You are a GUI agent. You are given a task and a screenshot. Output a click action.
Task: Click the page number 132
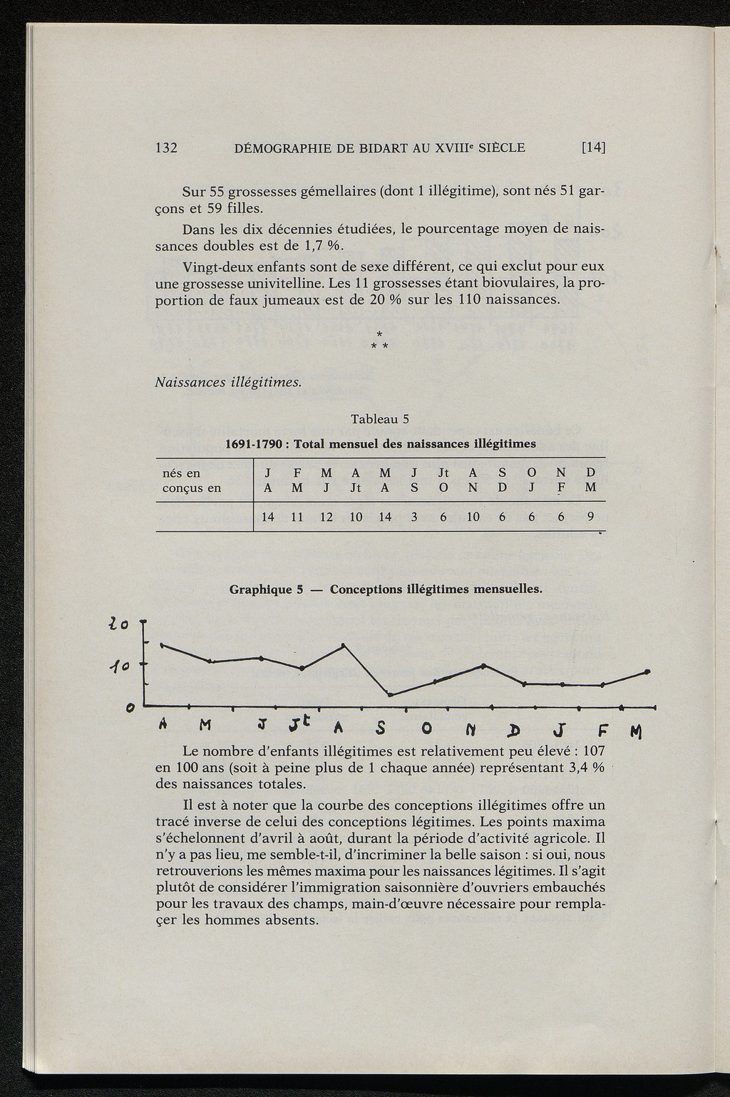point(166,148)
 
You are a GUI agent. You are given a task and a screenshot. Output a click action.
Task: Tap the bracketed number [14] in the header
point(593,148)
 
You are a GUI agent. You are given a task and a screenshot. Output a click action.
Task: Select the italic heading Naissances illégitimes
point(229,382)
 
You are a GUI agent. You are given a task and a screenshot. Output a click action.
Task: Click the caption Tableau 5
point(379,419)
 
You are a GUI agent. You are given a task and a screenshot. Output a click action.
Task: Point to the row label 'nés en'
point(182,473)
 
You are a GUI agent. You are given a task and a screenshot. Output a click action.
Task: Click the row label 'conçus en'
point(192,488)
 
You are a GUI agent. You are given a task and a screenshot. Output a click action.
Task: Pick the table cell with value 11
point(297,517)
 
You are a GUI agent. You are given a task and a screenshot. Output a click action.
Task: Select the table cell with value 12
point(327,517)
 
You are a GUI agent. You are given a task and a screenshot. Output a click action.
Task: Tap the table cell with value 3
point(414,517)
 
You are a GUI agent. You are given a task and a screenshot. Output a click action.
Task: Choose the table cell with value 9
point(590,517)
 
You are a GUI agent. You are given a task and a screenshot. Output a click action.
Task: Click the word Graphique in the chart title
point(262,589)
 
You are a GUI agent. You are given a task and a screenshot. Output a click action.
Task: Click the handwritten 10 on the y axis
point(118,667)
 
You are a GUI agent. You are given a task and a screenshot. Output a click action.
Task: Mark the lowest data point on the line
point(390,694)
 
